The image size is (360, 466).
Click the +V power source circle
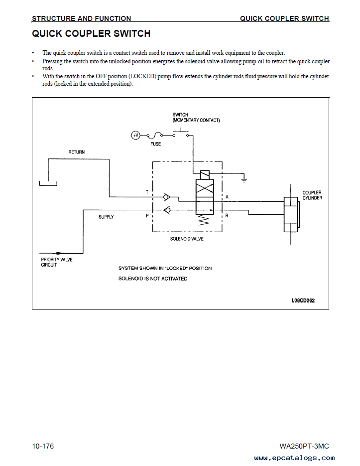135,136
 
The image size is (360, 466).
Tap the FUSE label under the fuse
155,144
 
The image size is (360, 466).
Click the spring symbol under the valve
204,220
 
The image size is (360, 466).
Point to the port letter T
147,192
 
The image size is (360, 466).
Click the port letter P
147,216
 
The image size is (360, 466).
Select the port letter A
227,197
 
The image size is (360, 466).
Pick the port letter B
227,215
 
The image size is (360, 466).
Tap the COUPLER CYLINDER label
312,195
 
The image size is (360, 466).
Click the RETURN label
76,152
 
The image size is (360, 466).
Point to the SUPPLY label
106,217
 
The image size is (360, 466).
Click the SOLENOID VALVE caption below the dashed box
187,239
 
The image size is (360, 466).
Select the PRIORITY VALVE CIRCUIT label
56,262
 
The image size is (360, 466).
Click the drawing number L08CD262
303,301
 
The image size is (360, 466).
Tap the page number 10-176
43,446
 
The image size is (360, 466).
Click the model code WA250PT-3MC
304,446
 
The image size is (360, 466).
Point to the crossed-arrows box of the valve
204,188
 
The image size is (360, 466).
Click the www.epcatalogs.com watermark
294,458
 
